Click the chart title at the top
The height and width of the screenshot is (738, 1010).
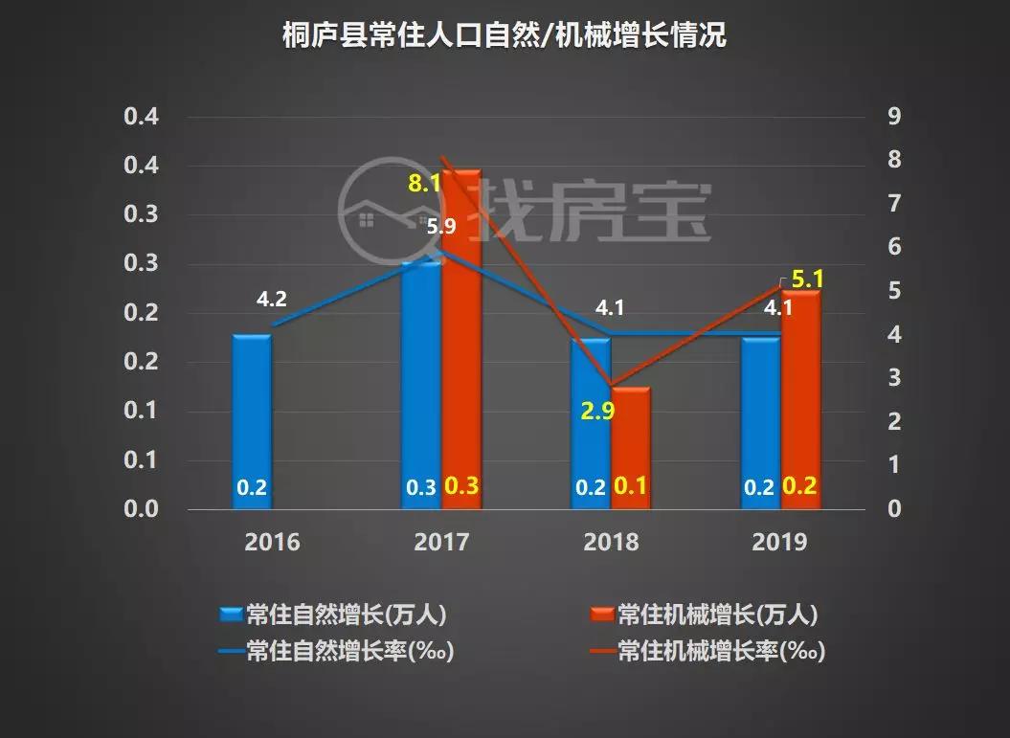tap(505, 36)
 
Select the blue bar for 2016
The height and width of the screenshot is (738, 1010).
tap(252, 421)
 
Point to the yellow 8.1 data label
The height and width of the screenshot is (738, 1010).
tap(424, 183)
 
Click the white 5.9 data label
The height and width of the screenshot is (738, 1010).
tap(441, 227)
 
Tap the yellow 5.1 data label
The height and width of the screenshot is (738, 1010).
tap(808, 280)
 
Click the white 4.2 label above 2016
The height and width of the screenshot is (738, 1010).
tap(271, 300)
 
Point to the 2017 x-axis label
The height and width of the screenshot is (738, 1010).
tap(441, 543)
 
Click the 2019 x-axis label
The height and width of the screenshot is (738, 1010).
tap(779, 543)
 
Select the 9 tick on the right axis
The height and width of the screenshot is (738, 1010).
tap(893, 117)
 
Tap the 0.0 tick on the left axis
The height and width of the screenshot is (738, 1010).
tap(140, 508)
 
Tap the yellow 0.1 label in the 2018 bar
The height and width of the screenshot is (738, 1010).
tap(631, 486)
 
